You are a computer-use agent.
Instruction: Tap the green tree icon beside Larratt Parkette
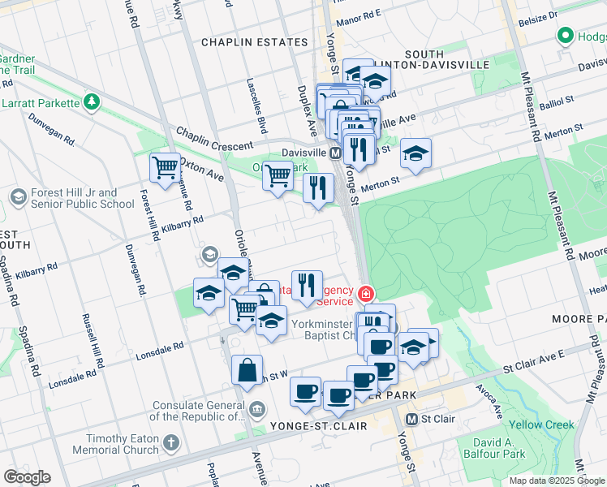tap(93, 102)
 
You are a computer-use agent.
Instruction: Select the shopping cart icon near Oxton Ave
tap(166, 168)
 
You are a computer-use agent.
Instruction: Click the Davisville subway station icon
tap(335, 153)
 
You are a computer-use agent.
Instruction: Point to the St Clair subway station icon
tap(411, 420)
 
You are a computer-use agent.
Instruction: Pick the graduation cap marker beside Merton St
tap(415, 153)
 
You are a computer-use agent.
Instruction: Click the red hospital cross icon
tap(366, 292)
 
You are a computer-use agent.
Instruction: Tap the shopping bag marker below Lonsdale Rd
tap(247, 370)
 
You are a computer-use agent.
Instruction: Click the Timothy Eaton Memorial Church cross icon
tap(170, 443)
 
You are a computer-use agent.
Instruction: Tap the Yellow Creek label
tap(541, 425)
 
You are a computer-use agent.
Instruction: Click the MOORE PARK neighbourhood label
tap(579, 319)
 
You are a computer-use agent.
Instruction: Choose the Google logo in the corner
tap(27, 477)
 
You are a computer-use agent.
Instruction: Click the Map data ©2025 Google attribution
tap(557, 481)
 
